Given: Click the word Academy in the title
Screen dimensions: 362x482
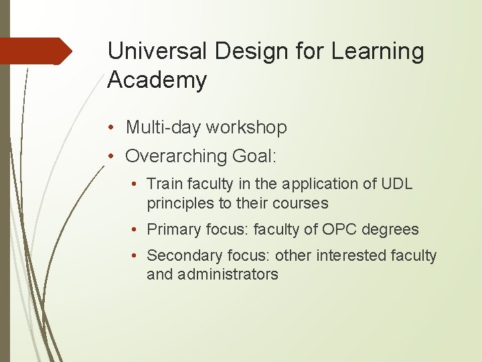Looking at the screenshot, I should click(x=157, y=80).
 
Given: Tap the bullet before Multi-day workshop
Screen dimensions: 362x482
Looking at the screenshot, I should click(x=116, y=127).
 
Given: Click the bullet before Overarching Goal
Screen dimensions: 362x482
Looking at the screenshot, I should click(x=116, y=156).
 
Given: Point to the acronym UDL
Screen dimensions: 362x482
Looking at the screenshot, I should click(x=398, y=184).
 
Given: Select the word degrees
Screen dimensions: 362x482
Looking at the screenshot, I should click(x=391, y=229).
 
